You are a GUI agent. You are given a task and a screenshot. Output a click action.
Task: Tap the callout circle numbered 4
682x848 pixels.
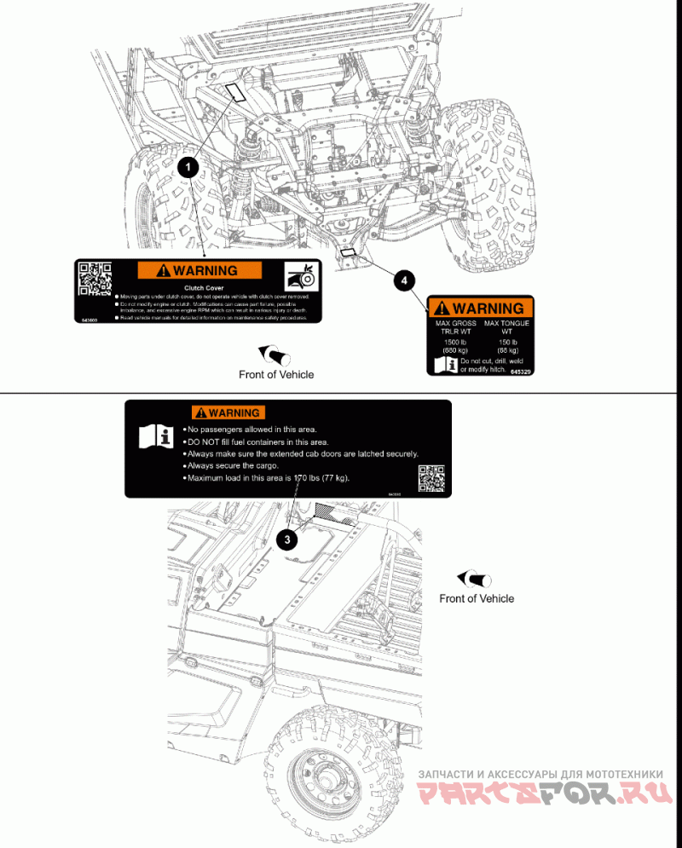click(x=405, y=280)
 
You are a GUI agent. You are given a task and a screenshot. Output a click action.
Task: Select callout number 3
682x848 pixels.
click(x=289, y=538)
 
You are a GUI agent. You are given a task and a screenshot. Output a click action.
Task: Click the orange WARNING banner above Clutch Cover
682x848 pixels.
click(x=199, y=271)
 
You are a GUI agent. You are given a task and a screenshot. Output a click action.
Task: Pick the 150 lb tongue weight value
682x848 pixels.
click(x=507, y=342)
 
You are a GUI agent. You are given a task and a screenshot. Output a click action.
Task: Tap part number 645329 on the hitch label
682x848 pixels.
click(x=521, y=372)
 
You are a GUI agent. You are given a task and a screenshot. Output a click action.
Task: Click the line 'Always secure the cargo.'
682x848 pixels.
click(x=229, y=466)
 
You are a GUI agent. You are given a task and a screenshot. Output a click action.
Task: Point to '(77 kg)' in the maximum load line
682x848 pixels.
click(x=330, y=478)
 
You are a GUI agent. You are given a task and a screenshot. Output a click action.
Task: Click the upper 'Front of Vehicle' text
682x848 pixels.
click(x=276, y=374)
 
